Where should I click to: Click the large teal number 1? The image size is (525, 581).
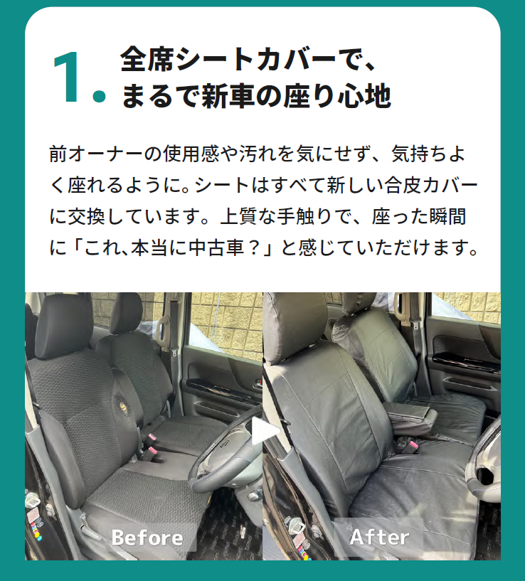pyautogui.click(x=68, y=77)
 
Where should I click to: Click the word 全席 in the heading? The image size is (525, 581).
pyautogui.click(x=147, y=59)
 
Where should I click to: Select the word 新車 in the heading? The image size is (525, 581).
pyautogui.click(x=228, y=95)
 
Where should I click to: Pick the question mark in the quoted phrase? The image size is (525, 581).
pyautogui.click(x=255, y=247)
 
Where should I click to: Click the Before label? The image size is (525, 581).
pyautogui.click(x=147, y=538)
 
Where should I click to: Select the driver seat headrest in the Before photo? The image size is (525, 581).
pyautogui.click(x=64, y=326)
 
